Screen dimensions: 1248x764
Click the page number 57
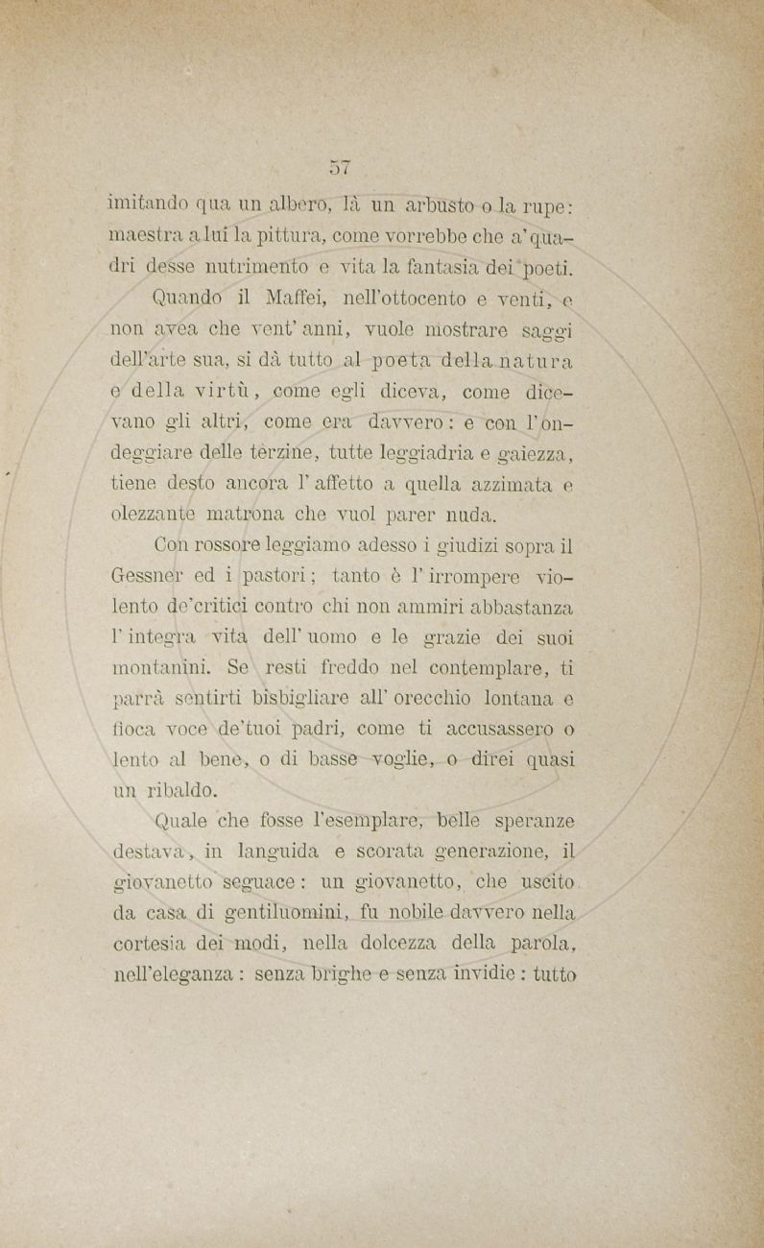click(340, 166)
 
